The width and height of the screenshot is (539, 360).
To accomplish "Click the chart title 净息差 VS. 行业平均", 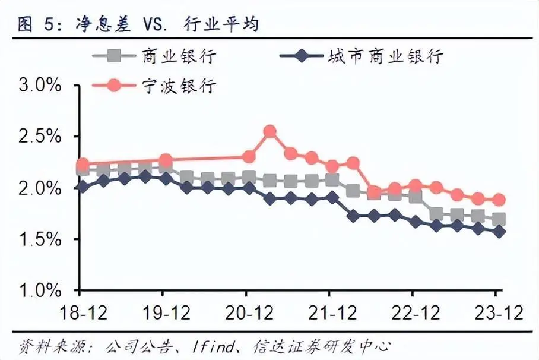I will [140, 24].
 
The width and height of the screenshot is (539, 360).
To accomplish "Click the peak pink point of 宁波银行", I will [269, 131].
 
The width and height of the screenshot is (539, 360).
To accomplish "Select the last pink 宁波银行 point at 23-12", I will [499, 200].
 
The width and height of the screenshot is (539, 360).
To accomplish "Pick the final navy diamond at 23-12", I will [499, 232].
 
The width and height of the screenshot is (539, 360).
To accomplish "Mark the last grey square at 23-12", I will [499, 219].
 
